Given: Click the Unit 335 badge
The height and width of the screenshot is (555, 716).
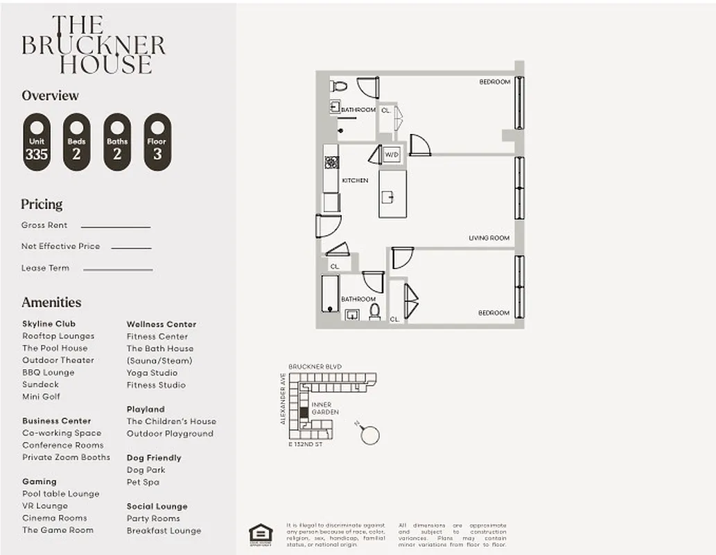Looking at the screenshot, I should pyautogui.click(x=36, y=142).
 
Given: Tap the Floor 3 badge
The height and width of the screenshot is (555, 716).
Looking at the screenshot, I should pyautogui.click(x=157, y=142).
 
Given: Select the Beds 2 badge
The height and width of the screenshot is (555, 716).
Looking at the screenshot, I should pyautogui.click(x=76, y=142).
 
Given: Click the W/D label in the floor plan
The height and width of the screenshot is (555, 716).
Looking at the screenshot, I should pyautogui.click(x=392, y=154).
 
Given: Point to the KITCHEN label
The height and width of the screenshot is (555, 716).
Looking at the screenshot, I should pyautogui.click(x=355, y=180).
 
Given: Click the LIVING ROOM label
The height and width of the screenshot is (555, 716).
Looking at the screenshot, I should pyautogui.click(x=489, y=238).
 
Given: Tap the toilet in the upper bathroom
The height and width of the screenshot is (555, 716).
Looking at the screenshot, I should pyautogui.click(x=338, y=87).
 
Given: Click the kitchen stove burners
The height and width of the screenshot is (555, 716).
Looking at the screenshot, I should pyautogui.click(x=332, y=162).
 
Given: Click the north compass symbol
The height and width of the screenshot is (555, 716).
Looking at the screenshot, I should pyautogui.click(x=369, y=434).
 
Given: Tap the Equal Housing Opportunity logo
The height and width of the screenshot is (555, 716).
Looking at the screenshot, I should pyautogui.click(x=261, y=533).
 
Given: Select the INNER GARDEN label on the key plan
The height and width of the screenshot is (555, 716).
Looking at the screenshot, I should pyautogui.click(x=325, y=409).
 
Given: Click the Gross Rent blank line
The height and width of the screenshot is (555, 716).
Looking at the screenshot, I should pyautogui.click(x=115, y=227).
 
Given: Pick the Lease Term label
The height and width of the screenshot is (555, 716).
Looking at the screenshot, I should pyautogui.click(x=45, y=268).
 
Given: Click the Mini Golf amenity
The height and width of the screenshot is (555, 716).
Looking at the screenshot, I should pyautogui.click(x=41, y=397).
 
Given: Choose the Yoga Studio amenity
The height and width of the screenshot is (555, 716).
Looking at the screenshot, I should pyautogui.click(x=152, y=373).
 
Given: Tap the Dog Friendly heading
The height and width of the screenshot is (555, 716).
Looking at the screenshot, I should pyautogui.click(x=154, y=458).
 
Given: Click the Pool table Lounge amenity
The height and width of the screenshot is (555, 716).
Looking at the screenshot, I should pyautogui.click(x=61, y=494).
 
